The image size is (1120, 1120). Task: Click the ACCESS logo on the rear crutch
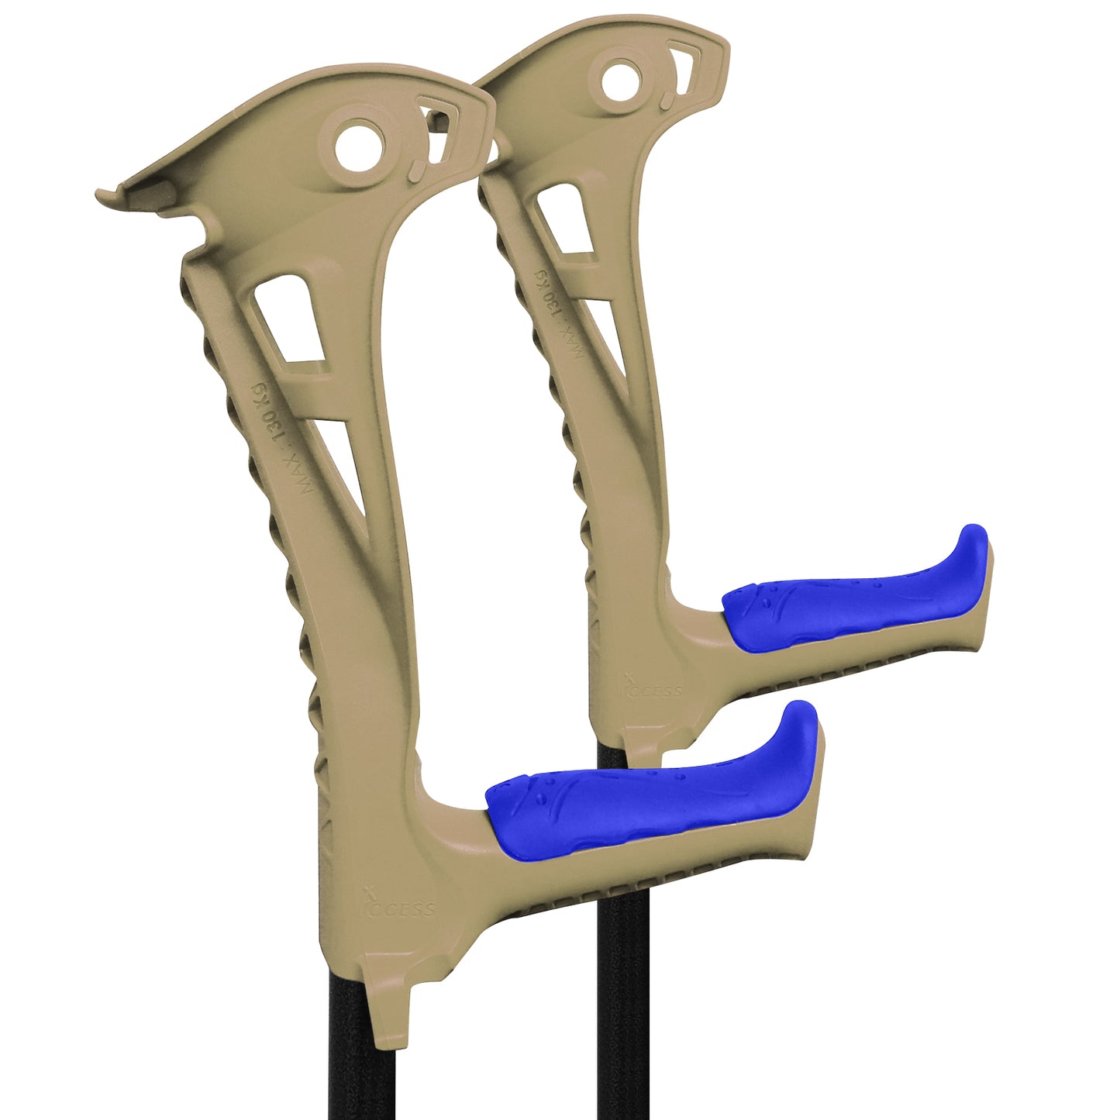click(x=652, y=688)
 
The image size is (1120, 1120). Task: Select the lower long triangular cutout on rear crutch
click(x=608, y=333)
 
